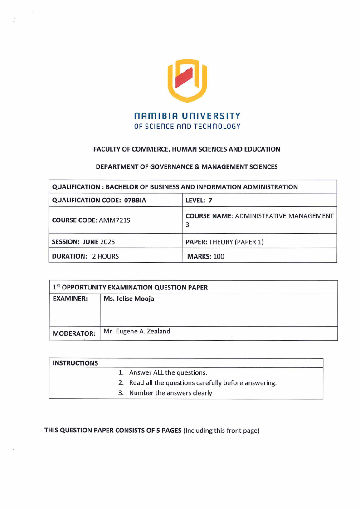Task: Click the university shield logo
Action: [187, 81]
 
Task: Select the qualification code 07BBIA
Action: [135, 200]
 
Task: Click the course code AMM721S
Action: [114, 220]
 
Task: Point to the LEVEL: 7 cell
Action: [199, 200]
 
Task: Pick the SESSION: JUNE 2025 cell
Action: [83, 242]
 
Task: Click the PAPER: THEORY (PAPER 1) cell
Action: [224, 242]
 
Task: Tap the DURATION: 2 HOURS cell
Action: [85, 256]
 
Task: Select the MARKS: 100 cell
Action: [206, 256]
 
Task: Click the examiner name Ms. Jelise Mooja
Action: [129, 299]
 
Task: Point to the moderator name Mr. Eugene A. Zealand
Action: [137, 331]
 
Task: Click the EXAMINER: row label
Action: [70, 299]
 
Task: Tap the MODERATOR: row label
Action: [74, 333]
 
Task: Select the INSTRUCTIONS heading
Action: [75, 363]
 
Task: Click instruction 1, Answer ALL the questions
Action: [168, 372]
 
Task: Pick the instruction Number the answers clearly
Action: [170, 393]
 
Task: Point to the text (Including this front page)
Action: [221, 431]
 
